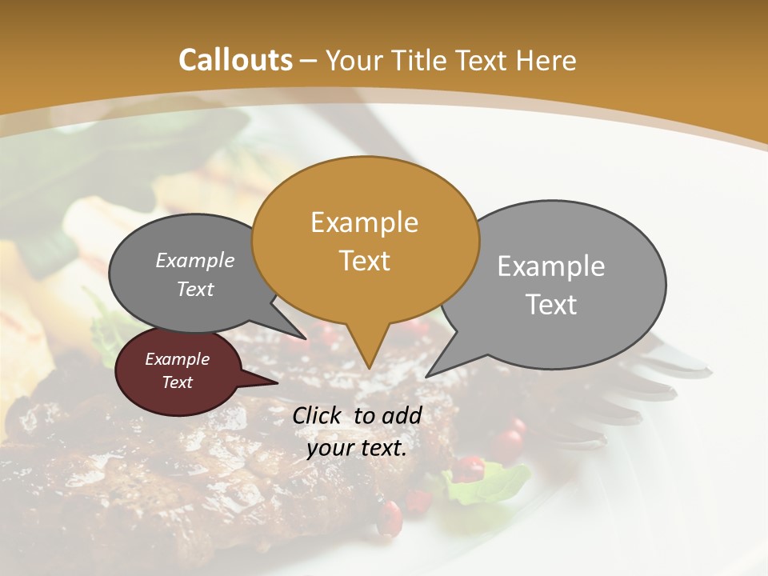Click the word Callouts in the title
click(236, 60)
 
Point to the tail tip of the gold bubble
click(368, 367)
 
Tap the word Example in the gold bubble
click(364, 222)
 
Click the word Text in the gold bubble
click(365, 261)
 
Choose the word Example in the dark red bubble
click(177, 359)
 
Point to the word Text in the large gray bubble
click(551, 305)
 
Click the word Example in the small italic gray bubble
click(195, 261)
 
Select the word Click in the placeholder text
click(318, 415)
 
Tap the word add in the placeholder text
click(402, 415)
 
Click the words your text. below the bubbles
click(357, 448)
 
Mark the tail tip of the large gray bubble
click(427, 376)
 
